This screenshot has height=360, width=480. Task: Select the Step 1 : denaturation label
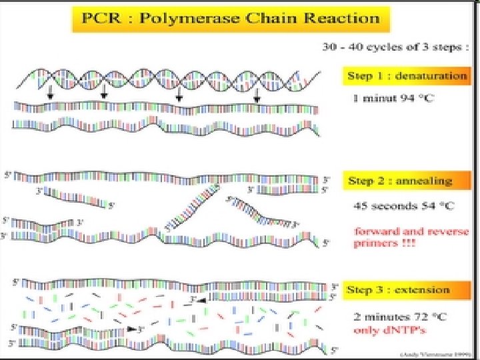coord(407,75)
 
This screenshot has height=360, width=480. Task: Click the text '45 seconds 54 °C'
coord(403,205)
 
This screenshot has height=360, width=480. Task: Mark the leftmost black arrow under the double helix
coord(50,97)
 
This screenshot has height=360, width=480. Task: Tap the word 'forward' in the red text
coord(373,232)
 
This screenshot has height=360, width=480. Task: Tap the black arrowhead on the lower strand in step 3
coord(133,329)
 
